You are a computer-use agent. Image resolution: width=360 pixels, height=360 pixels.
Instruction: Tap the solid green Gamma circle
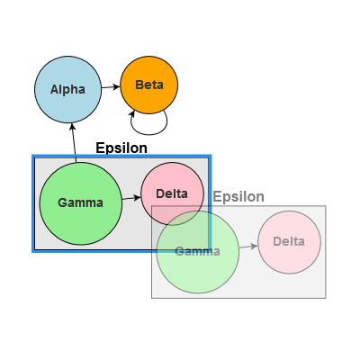click(x=67, y=216)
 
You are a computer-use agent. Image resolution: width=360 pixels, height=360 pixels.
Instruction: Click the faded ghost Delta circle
click(x=289, y=242)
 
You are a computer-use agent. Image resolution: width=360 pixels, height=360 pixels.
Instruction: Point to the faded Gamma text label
click(x=197, y=251)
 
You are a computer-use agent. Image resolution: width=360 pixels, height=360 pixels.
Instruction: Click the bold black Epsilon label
click(x=121, y=148)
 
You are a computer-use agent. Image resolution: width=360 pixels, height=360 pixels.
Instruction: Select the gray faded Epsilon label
click(x=238, y=196)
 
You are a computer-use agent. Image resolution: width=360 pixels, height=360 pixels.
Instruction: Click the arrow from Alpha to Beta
click(x=110, y=86)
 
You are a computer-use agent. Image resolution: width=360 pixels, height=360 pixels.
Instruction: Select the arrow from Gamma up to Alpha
click(x=75, y=144)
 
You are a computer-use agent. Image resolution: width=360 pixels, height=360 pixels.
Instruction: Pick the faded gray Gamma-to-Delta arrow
click(x=247, y=245)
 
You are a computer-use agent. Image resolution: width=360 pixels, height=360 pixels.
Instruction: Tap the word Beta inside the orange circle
click(x=149, y=85)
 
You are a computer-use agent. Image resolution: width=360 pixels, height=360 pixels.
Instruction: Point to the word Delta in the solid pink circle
click(x=172, y=193)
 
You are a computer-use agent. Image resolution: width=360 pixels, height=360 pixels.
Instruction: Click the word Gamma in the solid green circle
click(x=80, y=202)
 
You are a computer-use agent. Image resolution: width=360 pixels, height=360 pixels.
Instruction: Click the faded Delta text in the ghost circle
click(x=289, y=242)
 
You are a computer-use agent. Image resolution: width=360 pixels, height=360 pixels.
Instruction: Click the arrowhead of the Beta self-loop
click(x=133, y=112)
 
